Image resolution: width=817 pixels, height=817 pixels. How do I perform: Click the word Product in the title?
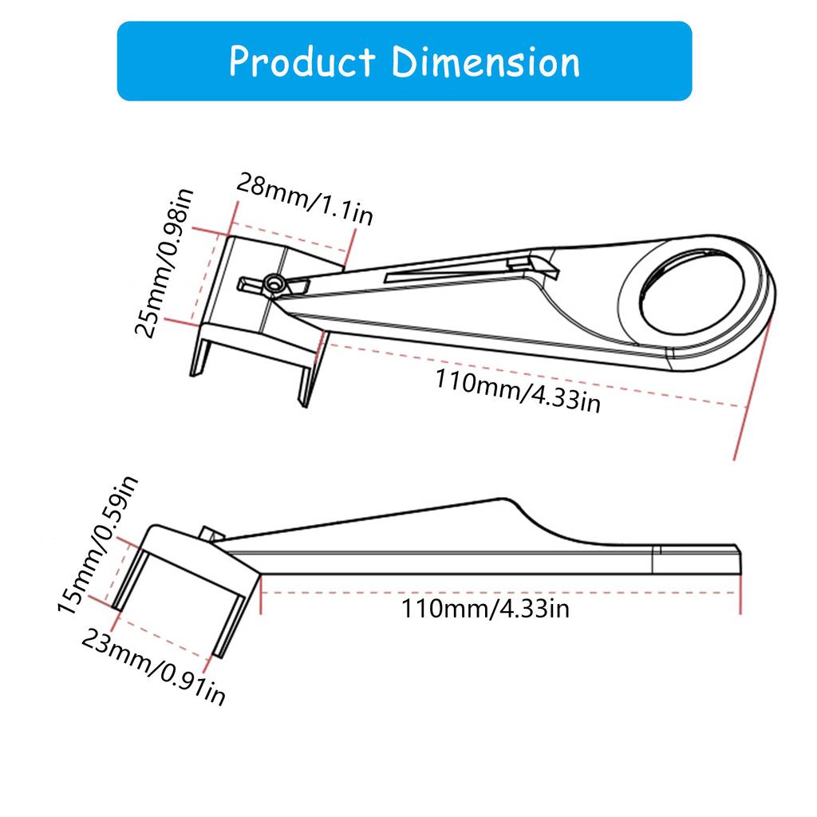(x=302, y=62)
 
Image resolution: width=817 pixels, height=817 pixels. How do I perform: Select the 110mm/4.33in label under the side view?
(x=485, y=610)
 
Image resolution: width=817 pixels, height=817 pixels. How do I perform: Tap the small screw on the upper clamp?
(x=274, y=282)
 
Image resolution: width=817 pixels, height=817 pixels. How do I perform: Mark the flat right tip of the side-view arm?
(x=737, y=558)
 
